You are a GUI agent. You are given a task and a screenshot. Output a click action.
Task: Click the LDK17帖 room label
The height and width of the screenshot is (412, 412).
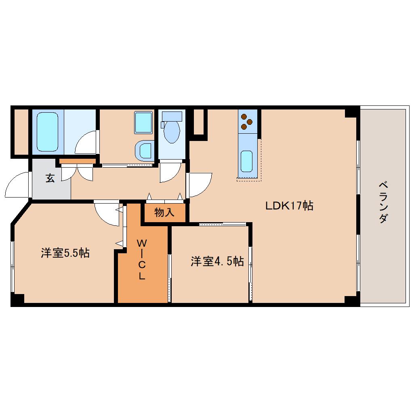[289, 206]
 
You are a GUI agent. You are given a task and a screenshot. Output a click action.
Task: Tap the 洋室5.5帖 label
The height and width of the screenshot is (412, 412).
[65, 253]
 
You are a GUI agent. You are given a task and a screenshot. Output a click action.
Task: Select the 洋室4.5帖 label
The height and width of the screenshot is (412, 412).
[217, 261]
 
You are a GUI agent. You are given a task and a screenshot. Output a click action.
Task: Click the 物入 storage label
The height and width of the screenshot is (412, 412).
[164, 212]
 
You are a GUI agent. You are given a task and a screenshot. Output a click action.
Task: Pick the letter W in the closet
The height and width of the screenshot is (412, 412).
[142, 243]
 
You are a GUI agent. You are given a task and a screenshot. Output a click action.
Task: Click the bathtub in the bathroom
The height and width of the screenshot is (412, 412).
[48, 132]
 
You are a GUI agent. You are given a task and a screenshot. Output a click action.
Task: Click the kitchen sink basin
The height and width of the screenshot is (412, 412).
[246, 161]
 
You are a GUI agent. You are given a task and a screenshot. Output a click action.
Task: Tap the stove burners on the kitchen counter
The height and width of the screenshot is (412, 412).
[247, 122]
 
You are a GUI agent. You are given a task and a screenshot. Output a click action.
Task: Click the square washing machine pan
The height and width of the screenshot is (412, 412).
[143, 122]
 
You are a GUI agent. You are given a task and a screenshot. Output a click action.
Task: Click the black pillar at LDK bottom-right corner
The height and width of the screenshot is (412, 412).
[351, 300]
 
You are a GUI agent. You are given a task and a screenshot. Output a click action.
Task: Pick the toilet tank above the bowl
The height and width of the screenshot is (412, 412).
[172, 116]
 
